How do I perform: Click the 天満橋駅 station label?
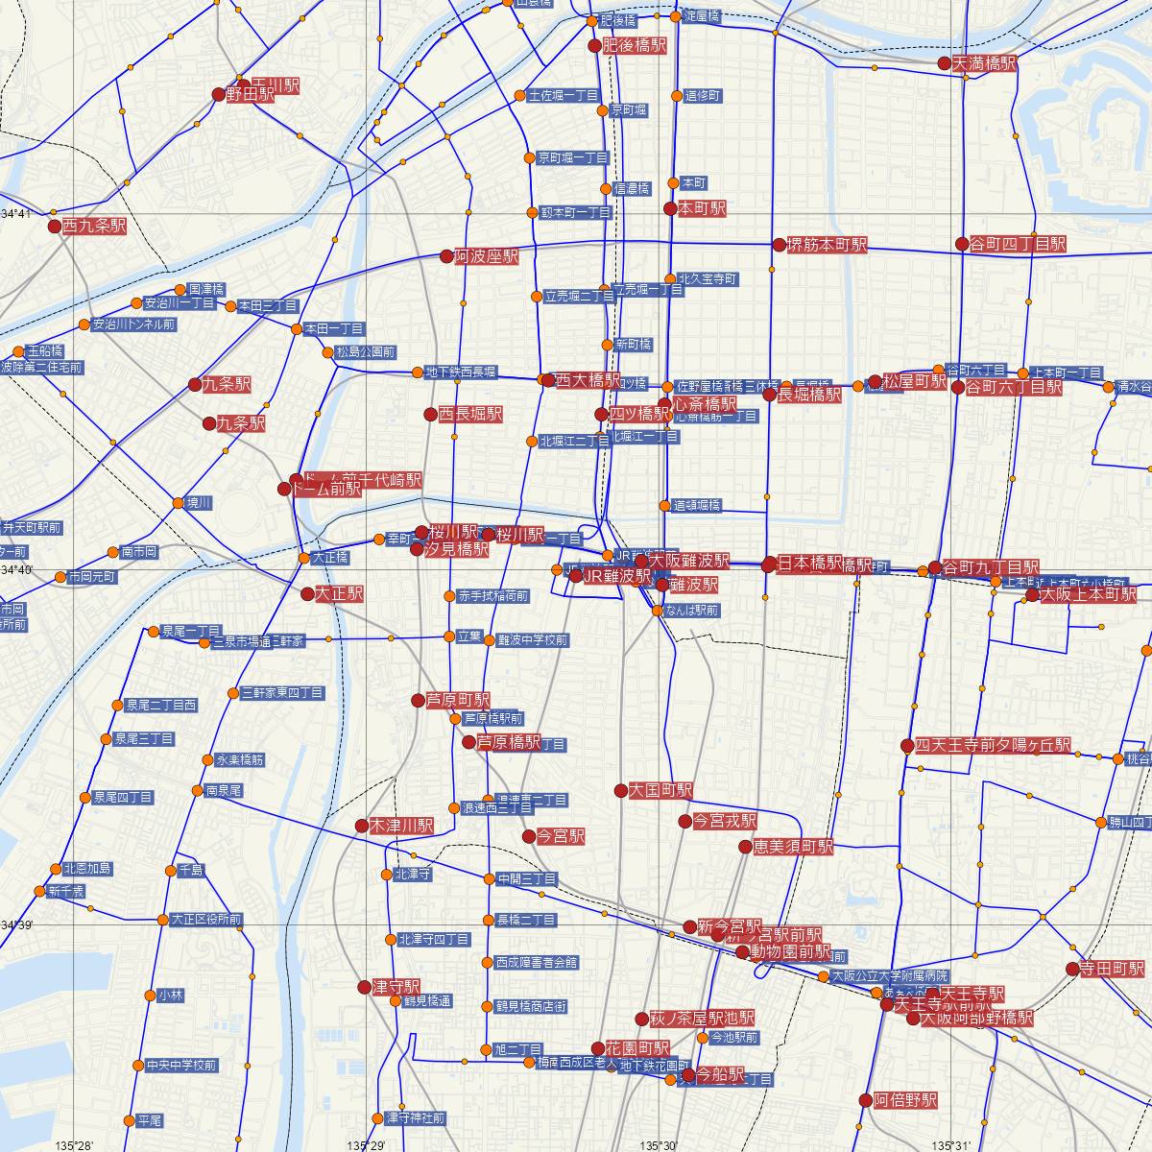(985, 64)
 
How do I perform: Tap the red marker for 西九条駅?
(55, 228)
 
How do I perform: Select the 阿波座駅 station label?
(487, 257)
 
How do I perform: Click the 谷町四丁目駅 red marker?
(963, 244)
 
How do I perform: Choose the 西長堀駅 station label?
(470, 415)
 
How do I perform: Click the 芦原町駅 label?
(458, 701)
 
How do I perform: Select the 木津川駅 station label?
(401, 826)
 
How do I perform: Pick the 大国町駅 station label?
(660, 791)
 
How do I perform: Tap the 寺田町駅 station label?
(1112, 969)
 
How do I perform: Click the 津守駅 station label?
(396, 987)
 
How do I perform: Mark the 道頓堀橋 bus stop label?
(696, 506)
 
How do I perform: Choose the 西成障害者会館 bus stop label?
(537, 962)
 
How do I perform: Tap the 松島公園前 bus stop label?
(366, 352)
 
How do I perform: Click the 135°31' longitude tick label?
(956, 1144)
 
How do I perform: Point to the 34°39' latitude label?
(17, 924)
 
